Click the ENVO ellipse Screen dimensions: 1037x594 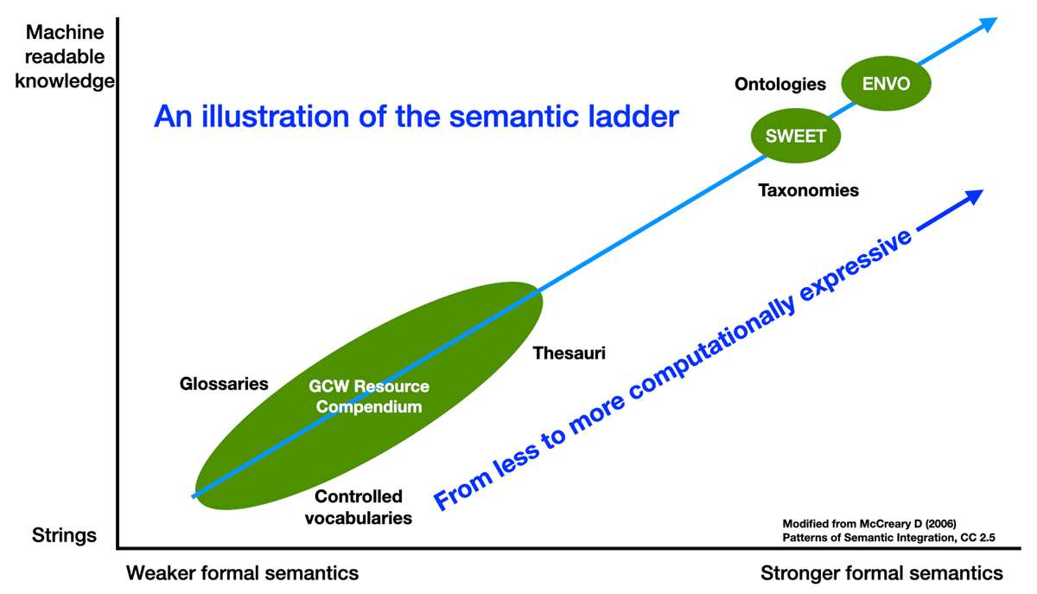886,83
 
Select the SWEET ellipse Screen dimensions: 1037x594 796,136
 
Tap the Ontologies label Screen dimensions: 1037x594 780,85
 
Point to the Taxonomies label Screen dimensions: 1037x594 808,190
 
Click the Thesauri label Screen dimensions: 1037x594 569,353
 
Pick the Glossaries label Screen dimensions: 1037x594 224,384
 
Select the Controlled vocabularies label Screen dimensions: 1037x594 359,508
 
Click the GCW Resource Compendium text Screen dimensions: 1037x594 369,397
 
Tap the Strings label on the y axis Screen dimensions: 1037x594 64,535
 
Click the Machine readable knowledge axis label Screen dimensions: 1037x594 65,56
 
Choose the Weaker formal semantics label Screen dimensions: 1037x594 242,573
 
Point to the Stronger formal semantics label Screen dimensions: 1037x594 881,573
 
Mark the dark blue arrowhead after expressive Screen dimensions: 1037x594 974,196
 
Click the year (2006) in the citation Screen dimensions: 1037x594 941,524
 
